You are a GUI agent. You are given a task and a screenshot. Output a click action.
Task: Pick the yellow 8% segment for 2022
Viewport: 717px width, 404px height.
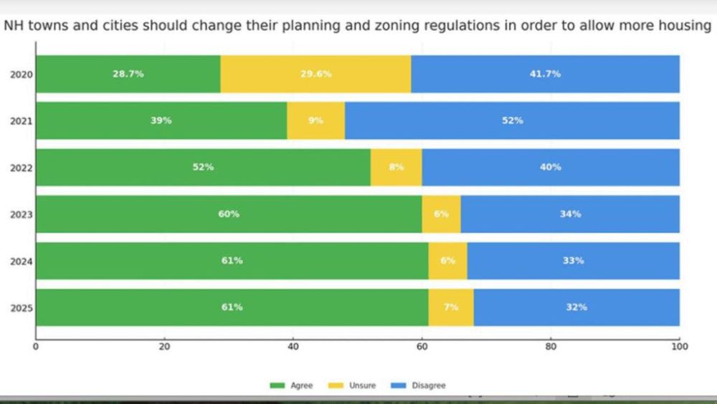396,167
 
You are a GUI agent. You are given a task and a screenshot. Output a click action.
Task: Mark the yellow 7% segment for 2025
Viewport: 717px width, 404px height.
451,307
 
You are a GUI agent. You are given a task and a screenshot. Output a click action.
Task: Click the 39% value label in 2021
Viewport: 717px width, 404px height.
161,120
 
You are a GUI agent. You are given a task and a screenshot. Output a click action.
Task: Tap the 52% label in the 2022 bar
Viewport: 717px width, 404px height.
204,167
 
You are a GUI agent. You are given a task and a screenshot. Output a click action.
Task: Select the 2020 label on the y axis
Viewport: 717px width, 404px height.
19,74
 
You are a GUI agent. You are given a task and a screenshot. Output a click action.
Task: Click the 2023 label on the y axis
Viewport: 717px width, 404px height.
19,214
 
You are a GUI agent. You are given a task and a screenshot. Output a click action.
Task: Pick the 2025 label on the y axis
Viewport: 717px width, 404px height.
19,307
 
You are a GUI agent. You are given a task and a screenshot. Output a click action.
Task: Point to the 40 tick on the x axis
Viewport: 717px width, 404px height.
293,347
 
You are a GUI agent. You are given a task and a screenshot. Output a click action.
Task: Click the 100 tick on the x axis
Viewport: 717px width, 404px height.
679,347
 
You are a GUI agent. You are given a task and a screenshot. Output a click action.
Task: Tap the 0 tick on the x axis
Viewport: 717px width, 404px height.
36,347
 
